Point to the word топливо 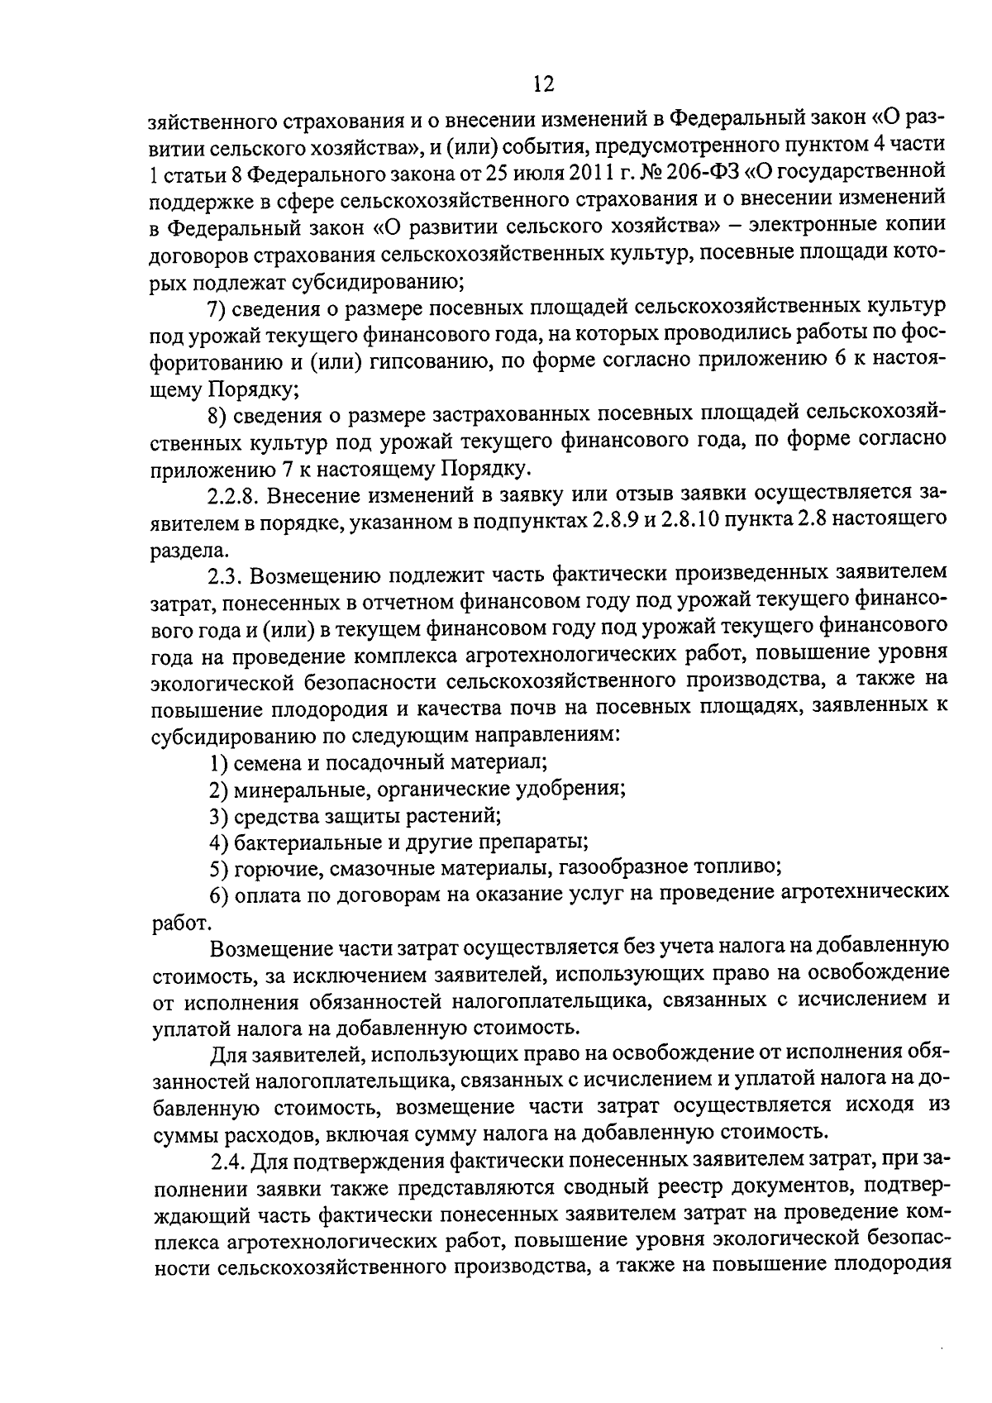(737, 867)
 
